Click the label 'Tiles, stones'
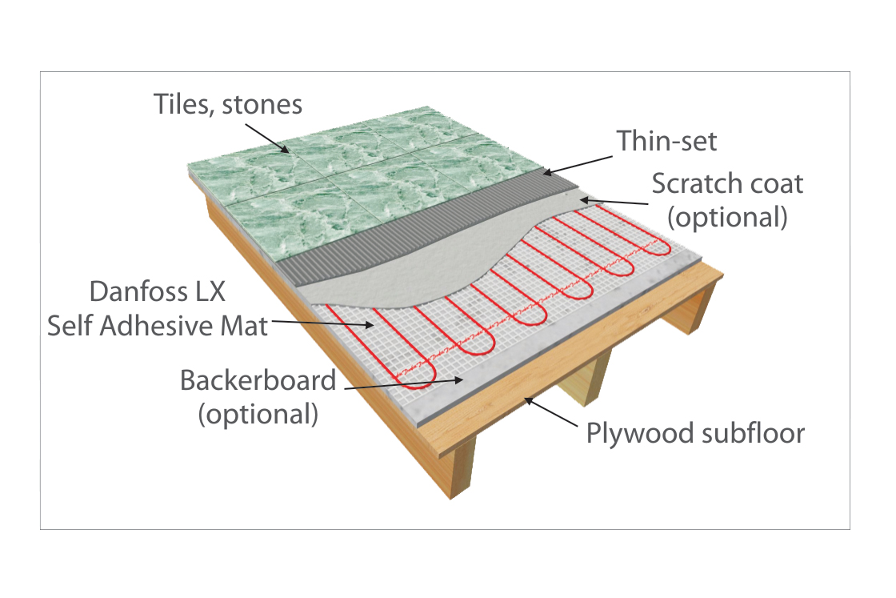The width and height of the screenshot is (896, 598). pos(228,105)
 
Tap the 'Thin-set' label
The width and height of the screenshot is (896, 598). pos(666,141)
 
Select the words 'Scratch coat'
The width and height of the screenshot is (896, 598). pos(727,183)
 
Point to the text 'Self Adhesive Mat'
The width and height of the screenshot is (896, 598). pos(157,326)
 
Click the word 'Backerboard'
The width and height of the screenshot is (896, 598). pos(258,380)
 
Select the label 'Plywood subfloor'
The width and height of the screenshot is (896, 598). pos(695,433)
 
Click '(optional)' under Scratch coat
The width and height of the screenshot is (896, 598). pos(727,217)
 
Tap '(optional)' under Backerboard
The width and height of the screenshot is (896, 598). pos(258,414)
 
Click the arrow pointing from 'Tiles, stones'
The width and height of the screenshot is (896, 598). pos(267,138)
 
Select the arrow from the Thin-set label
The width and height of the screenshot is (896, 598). pos(577,165)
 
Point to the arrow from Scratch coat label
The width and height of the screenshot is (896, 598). pos(614,201)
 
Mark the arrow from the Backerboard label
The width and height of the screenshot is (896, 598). pos(404,383)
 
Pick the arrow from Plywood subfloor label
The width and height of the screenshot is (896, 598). pos(551,412)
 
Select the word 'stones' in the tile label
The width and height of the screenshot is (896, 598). pos(262,105)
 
